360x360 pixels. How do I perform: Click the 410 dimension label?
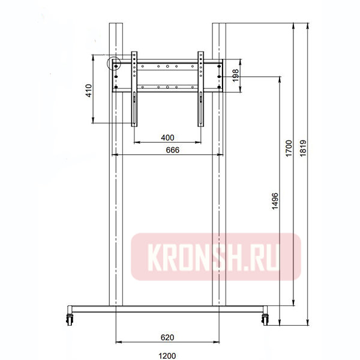click(89, 91)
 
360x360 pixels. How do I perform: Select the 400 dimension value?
click(167, 138)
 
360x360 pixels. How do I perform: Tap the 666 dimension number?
click(172, 150)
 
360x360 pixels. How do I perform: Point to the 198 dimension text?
click(236, 76)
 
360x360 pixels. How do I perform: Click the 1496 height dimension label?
click(275, 201)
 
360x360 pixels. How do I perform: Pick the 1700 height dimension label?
click(289, 148)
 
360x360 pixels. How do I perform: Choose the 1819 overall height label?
click(303, 148)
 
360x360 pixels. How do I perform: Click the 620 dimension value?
click(167, 337)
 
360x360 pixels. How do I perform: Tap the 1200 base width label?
click(167, 356)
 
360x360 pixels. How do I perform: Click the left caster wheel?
click(70, 319)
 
